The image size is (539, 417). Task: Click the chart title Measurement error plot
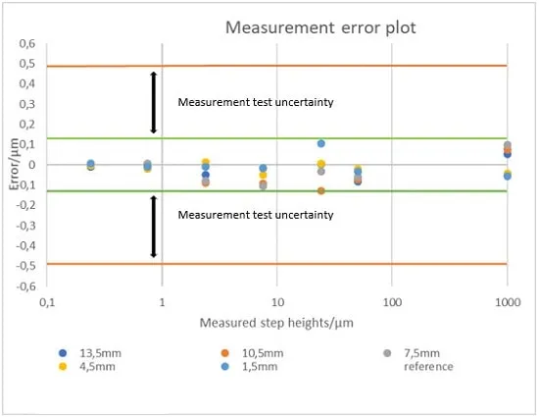320,27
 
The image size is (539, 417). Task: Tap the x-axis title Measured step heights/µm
276,323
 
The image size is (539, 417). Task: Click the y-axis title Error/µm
14,164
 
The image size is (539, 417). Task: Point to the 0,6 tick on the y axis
27,43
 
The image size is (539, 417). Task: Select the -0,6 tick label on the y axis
25,286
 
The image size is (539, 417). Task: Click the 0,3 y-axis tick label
27,104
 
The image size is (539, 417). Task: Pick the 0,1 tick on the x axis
47,302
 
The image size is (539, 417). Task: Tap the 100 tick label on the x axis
392,302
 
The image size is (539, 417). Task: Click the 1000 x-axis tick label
508,302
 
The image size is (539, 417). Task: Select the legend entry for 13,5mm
90,353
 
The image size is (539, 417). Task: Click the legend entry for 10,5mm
252,353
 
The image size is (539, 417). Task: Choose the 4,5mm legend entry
87,366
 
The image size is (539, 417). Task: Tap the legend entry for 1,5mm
249,366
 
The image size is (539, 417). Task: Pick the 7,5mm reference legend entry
418,359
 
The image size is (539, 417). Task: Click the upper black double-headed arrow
154,102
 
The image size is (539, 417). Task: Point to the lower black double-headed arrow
154,227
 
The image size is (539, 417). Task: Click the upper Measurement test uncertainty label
256,102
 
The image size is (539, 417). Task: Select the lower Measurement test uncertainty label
256,215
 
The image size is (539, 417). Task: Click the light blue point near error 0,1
321,143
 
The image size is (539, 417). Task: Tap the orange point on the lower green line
321,190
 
